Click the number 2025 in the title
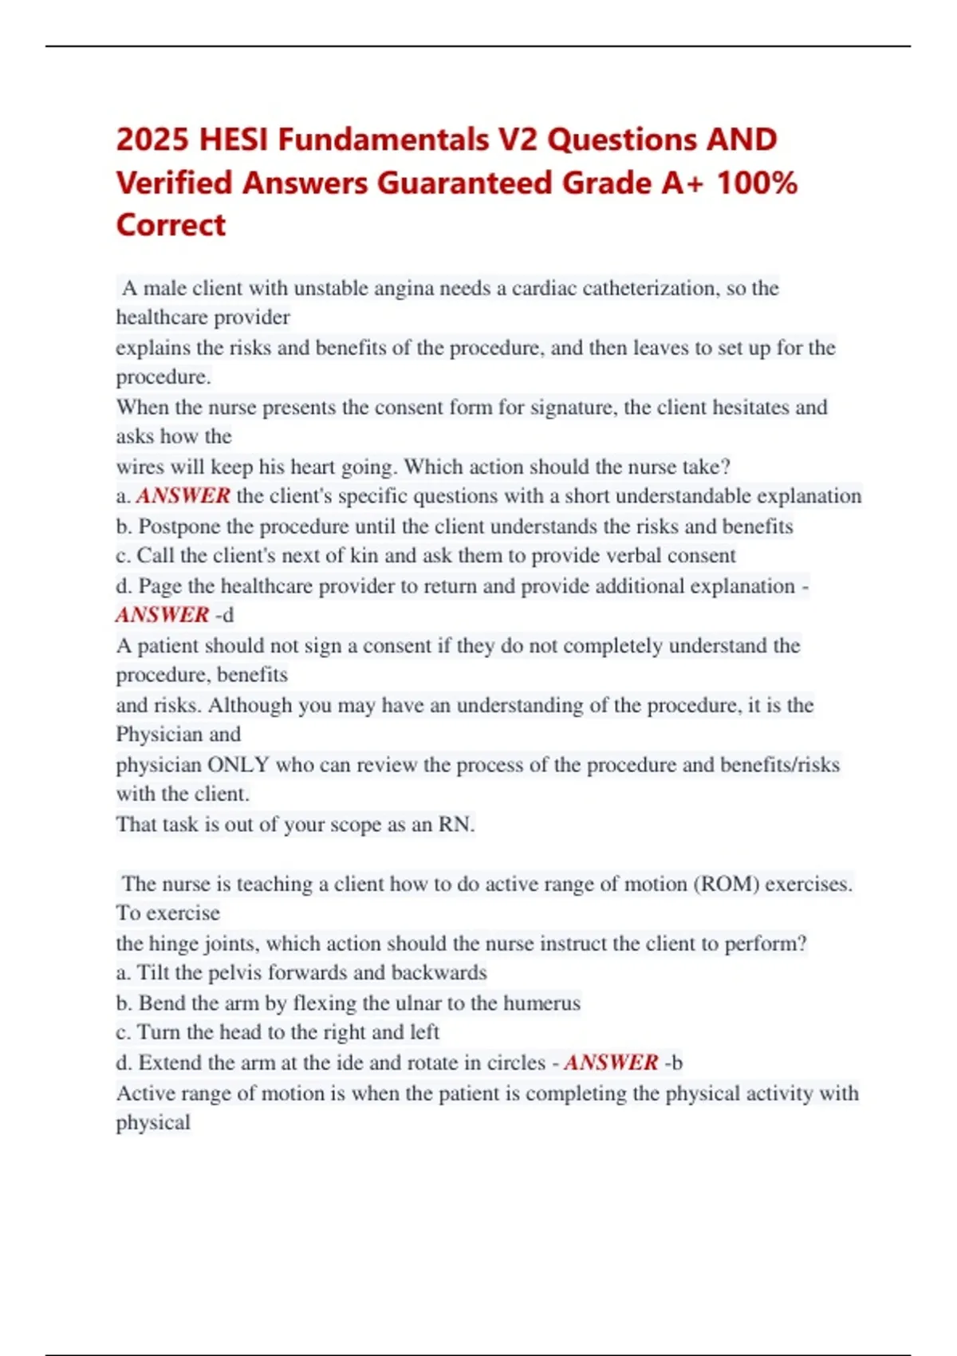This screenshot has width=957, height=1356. coord(152,140)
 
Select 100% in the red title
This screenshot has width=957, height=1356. coord(757,183)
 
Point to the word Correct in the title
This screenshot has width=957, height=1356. coord(171,225)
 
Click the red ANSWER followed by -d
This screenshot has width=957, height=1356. coord(163,615)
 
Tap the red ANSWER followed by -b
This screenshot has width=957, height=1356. coord(611,1062)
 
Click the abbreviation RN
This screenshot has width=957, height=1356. coord(455,824)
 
